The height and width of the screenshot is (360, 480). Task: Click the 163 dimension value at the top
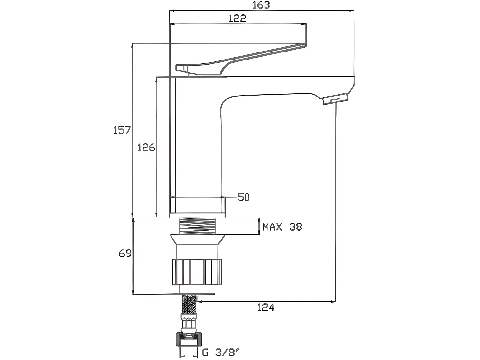pos(261,5)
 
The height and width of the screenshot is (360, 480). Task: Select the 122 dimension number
pos(237,18)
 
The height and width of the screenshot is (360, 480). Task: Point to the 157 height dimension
pos(122,130)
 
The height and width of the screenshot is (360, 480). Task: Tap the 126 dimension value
pos(146,148)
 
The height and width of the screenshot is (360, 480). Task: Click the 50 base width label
pos(244,197)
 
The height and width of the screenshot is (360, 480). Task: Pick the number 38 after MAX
pos(296,227)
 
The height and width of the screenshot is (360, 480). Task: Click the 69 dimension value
pos(125,253)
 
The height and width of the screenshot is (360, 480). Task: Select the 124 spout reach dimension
pos(266,308)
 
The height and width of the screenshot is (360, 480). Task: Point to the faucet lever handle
pos(241,60)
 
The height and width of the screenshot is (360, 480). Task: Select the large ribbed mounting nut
pos(197,272)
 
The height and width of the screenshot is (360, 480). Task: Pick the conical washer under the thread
pos(197,240)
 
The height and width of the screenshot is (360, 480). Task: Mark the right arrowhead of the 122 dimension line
pos(304,24)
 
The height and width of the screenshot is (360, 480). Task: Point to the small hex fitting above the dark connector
pos(189,323)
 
